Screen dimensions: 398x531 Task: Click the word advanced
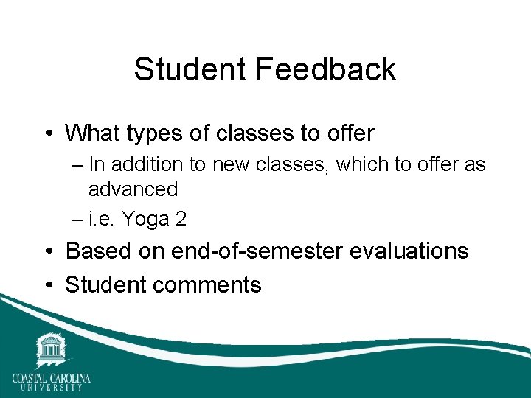[133, 189]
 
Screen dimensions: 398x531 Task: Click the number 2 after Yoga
[180, 219]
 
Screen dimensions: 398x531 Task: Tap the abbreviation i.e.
[103, 219]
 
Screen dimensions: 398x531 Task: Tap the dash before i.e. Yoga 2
[77, 219]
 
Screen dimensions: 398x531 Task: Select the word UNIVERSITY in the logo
[51, 387]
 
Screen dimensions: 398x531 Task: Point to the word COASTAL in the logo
[32, 378]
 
